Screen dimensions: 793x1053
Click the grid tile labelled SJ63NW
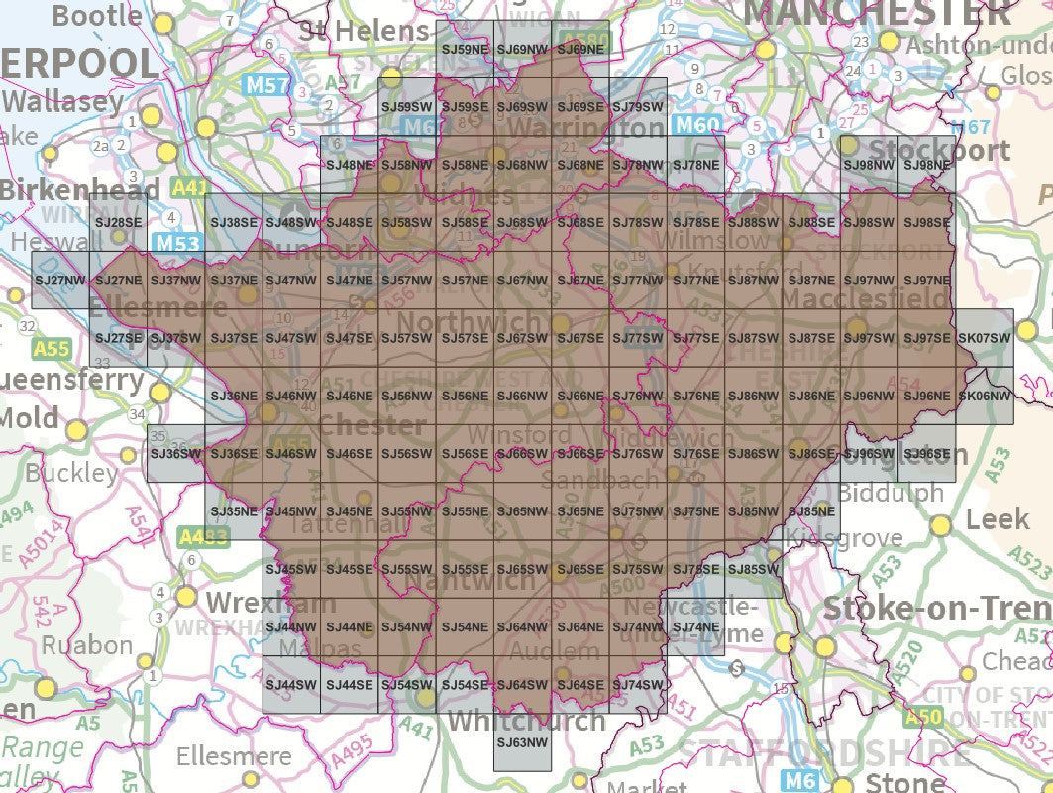pos(522,741)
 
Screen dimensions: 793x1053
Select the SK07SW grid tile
pos(985,338)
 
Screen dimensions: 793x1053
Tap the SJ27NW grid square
pos(60,282)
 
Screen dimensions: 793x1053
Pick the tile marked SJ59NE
pos(465,48)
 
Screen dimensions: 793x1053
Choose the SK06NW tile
pos(985,396)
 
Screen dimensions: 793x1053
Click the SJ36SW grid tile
pos(175,453)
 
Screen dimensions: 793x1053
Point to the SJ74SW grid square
pos(637,685)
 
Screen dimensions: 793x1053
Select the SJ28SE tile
pos(118,223)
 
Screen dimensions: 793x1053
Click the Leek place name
pos(998,519)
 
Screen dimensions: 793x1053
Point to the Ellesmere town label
pos(234,756)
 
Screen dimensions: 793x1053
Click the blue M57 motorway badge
pos(267,86)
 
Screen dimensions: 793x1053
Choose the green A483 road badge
pos(204,537)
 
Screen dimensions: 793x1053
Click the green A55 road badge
pos(52,349)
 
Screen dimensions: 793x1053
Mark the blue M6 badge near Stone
pos(798,781)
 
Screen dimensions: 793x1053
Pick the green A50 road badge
pos(923,716)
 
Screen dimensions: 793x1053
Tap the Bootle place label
pos(97,15)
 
